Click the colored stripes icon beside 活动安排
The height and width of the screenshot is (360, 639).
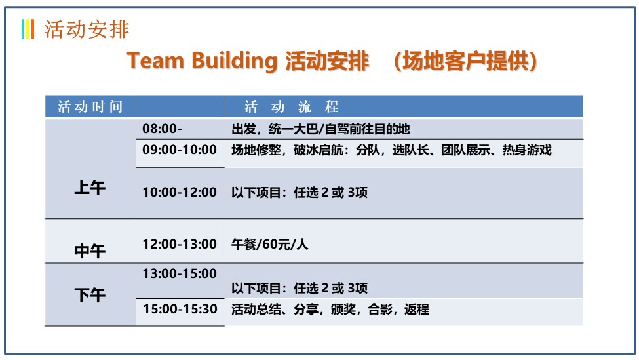point(28,29)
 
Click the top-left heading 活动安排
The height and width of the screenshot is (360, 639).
point(87,30)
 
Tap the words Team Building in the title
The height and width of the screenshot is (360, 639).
point(202,61)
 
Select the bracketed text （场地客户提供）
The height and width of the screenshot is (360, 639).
point(465,61)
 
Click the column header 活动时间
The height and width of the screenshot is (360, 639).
point(90,107)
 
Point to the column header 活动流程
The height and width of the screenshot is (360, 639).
point(292,107)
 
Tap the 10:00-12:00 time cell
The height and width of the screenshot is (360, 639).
point(180,192)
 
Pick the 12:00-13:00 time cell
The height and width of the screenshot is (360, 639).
point(180,244)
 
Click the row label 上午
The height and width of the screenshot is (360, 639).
point(90,188)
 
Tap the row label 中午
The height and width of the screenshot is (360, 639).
point(90,250)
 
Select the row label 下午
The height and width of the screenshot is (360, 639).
point(90,294)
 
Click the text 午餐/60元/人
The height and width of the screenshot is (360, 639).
point(270,244)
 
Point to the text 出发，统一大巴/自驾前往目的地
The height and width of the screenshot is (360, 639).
point(320,129)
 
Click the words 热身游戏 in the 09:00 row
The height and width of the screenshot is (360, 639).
point(526,150)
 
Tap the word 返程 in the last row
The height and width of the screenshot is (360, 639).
point(416,310)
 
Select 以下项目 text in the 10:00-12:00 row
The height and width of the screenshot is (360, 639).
point(256,192)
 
